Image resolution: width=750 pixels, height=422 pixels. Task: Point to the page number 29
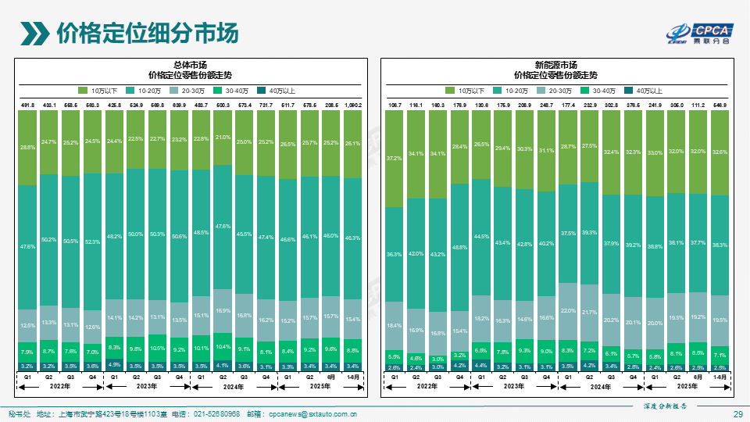737,413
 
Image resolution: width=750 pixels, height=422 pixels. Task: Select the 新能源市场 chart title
555,65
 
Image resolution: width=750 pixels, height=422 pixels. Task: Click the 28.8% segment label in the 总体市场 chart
27,147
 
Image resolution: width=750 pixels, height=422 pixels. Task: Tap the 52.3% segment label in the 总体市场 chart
93,241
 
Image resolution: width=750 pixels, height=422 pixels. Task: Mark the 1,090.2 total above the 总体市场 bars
353,105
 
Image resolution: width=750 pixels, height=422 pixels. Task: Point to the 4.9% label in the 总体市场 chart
115,364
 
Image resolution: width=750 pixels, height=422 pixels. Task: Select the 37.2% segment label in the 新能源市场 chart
395,158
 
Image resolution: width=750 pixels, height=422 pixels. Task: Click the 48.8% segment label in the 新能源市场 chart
460,247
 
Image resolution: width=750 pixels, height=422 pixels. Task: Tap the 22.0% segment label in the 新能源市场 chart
569,311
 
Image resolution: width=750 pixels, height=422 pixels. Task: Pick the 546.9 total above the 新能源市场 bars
720,105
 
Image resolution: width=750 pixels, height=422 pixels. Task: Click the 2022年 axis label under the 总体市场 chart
60,386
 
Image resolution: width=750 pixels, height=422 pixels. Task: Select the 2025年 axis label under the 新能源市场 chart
687,386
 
